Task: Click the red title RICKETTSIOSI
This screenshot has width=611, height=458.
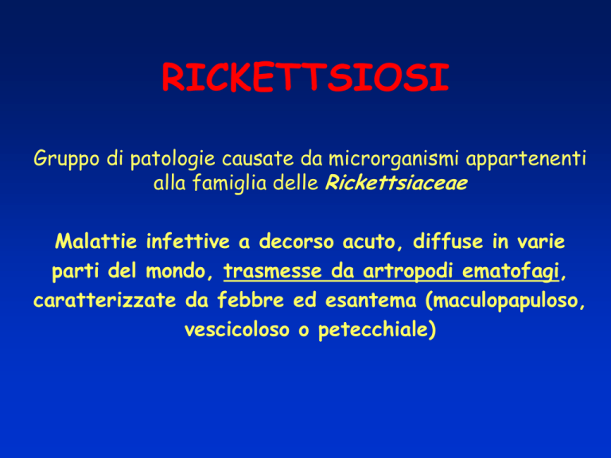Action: pyautogui.click(x=305, y=76)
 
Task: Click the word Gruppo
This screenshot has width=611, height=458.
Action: pyautogui.click(x=66, y=160)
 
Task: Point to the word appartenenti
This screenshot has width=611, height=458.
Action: pyautogui.click(x=526, y=160)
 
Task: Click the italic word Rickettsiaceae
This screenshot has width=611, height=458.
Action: pyautogui.click(x=396, y=183)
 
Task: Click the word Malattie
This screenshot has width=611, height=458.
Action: pyautogui.click(x=95, y=241)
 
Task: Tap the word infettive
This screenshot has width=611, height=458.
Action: pyautogui.click(x=188, y=241)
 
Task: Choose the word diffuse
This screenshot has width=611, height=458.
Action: pyautogui.click(x=449, y=241)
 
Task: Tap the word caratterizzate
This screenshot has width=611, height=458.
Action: pyautogui.click(x=105, y=301)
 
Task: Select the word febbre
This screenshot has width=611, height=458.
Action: pyautogui.click(x=251, y=300)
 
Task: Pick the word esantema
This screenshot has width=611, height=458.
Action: pyautogui.click(x=371, y=301)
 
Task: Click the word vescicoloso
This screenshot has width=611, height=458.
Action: pyautogui.click(x=237, y=329)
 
